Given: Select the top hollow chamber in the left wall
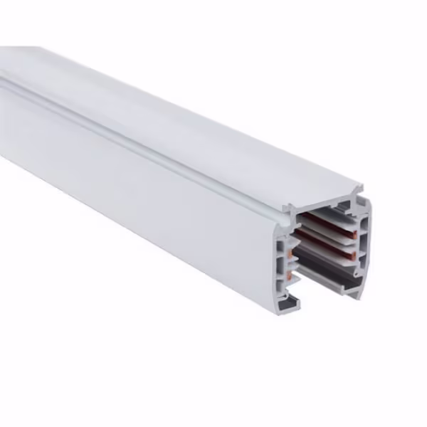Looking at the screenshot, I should (x=278, y=246).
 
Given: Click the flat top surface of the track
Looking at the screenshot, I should (x=178, y=107).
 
